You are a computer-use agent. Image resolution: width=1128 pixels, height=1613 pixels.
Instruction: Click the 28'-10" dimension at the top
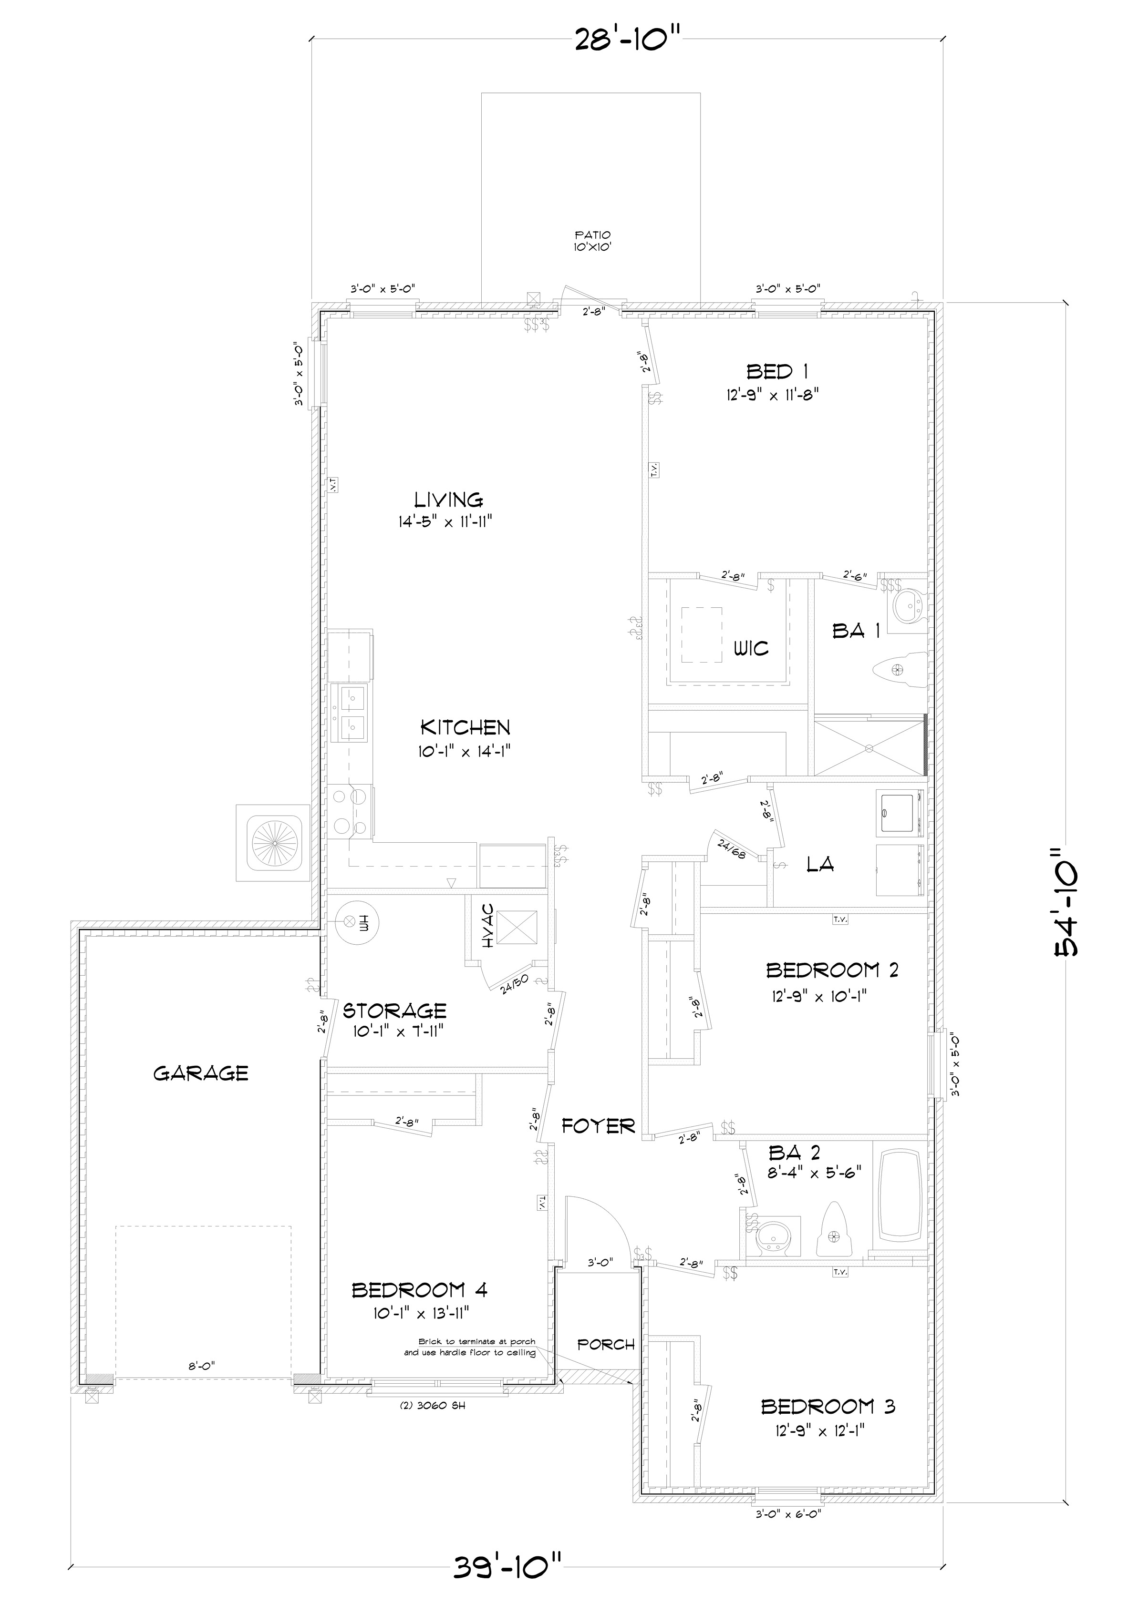point(628,40)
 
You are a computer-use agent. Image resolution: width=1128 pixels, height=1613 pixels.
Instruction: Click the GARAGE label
point(201,1073)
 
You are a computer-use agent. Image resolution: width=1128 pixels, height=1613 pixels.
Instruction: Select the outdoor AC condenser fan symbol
point(273,843)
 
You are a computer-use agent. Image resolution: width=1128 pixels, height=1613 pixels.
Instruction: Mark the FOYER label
point(598,1127)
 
